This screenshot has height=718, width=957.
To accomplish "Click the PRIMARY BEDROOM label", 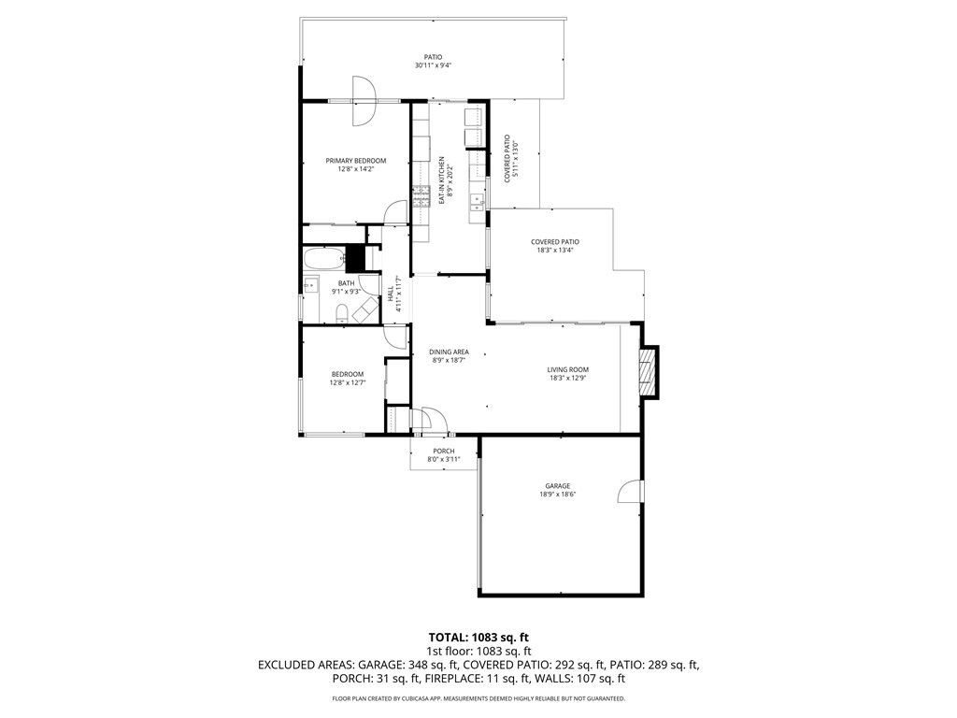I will [x=355, y=161].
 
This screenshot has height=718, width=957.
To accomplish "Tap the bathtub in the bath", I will [x=322, y=258].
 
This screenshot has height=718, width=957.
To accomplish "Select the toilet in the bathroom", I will [x=343, y=312].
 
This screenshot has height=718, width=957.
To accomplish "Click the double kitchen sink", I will [x=477, y=199].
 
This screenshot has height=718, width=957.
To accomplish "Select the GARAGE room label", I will [x=557, y=486].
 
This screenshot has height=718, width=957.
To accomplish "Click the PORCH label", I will [x=443, y=452].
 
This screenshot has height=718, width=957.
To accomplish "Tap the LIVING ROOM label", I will [x=567, y=370].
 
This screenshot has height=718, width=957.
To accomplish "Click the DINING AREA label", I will [x=450, y=352].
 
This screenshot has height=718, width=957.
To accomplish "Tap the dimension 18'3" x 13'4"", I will [x=555, y=250].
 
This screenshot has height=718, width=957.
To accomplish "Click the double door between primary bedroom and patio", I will [x=364, y=100].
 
